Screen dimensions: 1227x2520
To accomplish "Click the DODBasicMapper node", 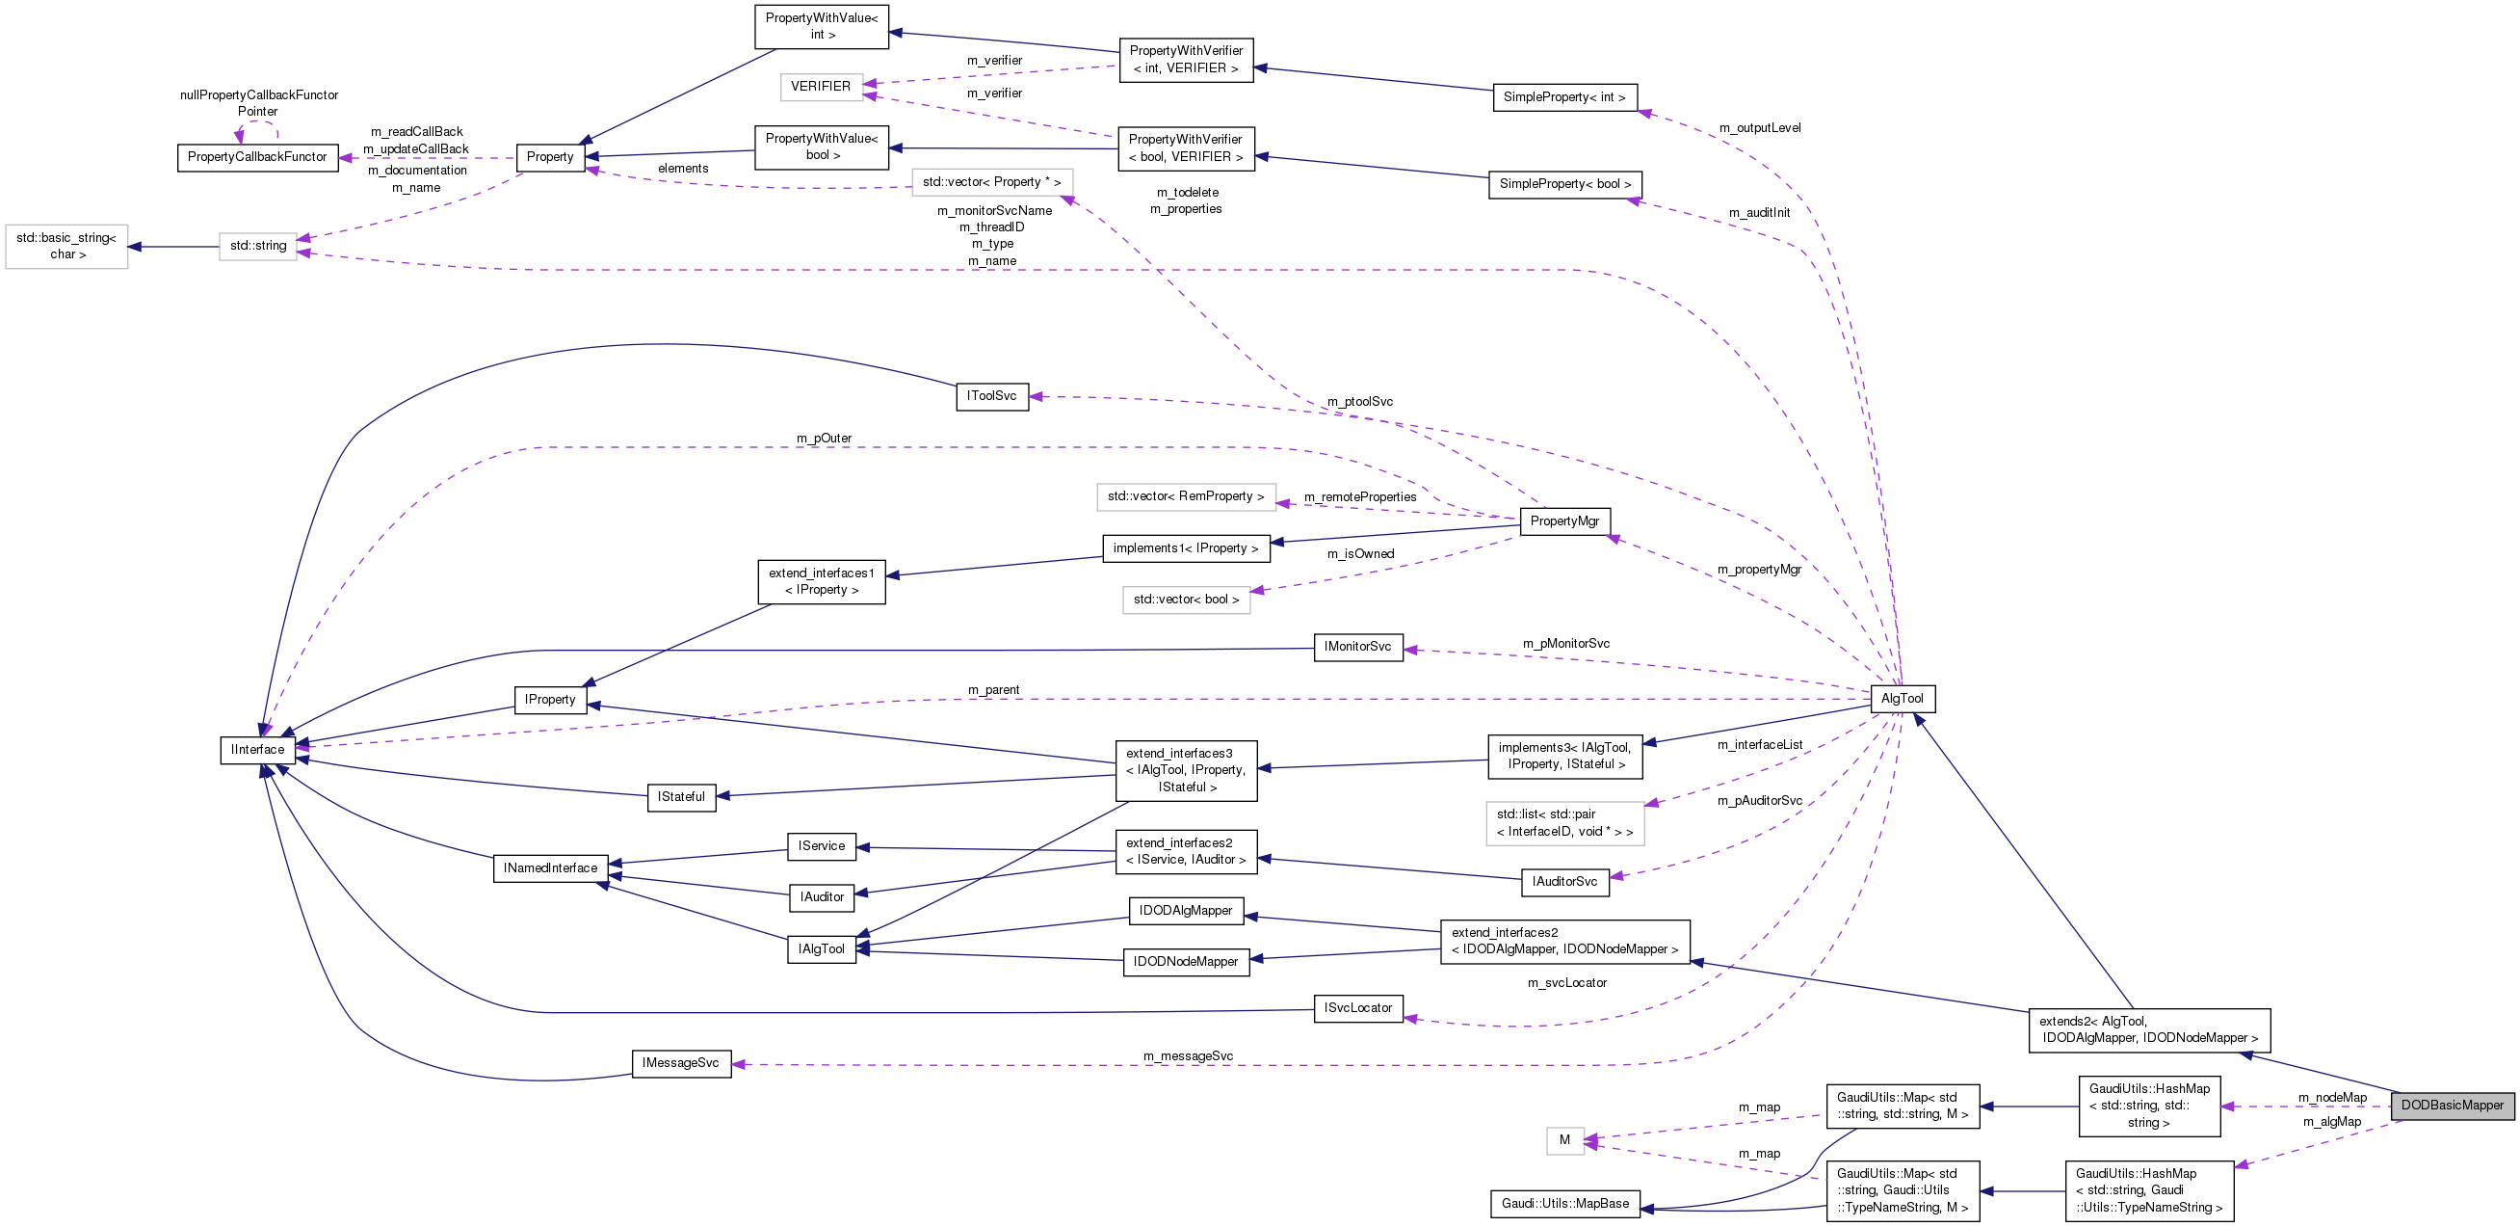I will point(2452,1105).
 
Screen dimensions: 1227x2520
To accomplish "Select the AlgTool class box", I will point(1902,698).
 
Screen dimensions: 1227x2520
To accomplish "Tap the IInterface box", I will point(257,750).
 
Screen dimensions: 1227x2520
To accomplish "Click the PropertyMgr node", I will point(1564,520).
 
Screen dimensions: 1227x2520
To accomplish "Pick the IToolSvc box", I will point(991,395).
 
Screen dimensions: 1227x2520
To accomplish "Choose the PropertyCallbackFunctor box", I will point(257,156).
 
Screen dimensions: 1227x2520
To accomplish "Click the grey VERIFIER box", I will point(821,86).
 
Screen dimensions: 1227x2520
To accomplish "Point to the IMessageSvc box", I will point(681,1062).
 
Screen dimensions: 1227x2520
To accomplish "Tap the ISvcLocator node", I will point(1358,1008).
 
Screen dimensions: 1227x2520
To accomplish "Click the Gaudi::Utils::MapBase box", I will point(1565,1204).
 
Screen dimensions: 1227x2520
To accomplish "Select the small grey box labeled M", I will point(1564,1140).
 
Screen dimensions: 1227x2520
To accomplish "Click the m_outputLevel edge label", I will point(1759,127).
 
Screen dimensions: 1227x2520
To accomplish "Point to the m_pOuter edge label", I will point(824,438).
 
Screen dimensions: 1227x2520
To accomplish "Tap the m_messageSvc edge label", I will point(1188,1055).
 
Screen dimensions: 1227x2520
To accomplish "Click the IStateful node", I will point(681,796).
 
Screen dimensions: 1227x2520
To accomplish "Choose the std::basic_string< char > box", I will point(66,246).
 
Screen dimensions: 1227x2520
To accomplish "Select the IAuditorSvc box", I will point(1564,882).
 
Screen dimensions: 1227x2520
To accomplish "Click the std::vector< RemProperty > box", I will point(1186,496).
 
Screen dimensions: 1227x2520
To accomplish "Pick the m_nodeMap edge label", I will point(2332,1097).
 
